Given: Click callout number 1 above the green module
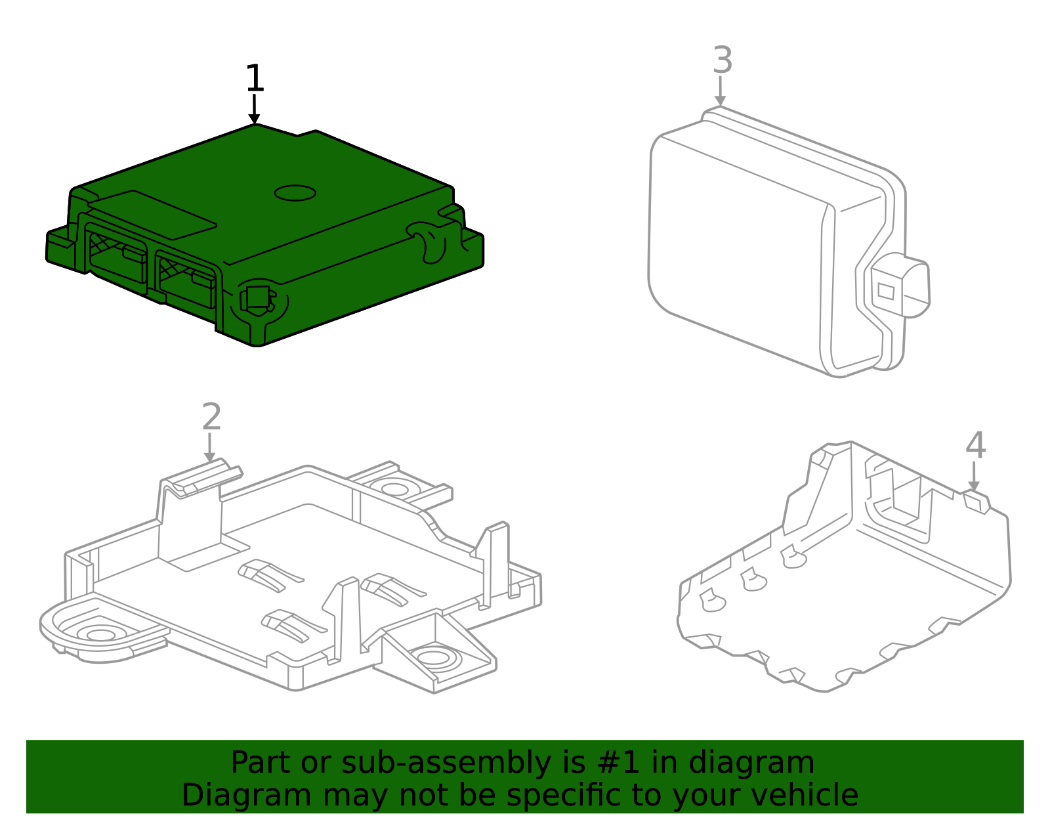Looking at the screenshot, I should pos(254,79).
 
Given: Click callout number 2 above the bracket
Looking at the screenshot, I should pos(211,418).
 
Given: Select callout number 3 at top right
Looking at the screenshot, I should pos(722,60).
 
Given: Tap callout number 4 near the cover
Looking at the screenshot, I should pos(975,446).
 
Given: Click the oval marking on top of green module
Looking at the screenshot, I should pos(295,192).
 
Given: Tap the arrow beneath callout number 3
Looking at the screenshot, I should pos(721,92).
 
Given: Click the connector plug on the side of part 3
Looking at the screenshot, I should pos(902,286).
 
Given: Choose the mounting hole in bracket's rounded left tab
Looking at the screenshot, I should pos(100,635).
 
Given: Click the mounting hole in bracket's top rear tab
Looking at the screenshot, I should pos(394,488).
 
